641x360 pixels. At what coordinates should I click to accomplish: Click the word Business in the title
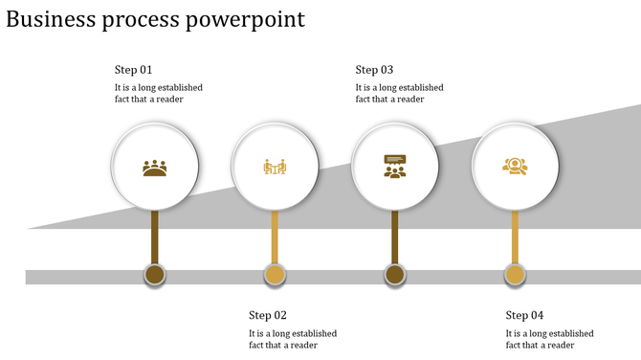coord(49,19)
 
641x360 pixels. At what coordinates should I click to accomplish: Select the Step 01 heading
coord(134,70)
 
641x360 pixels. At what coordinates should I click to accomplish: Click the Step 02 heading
coord(268,315)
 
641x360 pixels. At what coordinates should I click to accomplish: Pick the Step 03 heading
coord(374,70)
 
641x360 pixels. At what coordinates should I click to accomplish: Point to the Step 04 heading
coord(524,315)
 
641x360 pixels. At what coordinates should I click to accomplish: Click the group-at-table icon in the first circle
coord(155,169)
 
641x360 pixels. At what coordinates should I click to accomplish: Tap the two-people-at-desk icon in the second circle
coord(275,168)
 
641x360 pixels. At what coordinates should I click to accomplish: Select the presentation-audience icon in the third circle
coord(394,167)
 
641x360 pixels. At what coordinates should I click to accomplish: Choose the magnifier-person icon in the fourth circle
coord(515,167)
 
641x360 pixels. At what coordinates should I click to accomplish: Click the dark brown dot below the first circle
coord(155,276)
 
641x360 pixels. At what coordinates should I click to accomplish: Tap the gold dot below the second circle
coord(275,276)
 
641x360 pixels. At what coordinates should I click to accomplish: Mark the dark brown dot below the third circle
coord(394,276)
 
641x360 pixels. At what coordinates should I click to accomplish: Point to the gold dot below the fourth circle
coord(515,276)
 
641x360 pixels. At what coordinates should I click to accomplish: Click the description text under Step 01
coord(158,93)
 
